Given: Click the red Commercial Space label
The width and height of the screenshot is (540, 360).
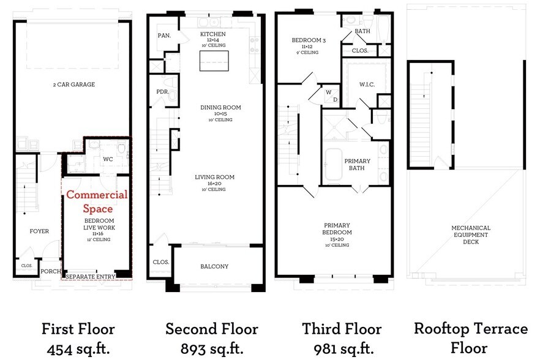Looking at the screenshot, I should click(x=97, y=201).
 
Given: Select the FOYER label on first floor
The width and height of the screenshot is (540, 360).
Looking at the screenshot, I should click(x=39, y=231).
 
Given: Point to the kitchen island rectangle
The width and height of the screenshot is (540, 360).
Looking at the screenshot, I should click(x=214, y=61).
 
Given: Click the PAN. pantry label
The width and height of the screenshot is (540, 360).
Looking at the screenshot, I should click(x=163, y=36).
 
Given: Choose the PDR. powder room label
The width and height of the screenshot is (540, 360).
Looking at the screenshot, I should click(x=162, y=92).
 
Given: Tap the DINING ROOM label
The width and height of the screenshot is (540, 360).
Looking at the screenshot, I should click(x=220, y=108).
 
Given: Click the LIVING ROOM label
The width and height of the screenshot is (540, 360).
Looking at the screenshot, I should click(x=214, y=178).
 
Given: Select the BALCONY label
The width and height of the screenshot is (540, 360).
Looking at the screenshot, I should click(x=214, y=266).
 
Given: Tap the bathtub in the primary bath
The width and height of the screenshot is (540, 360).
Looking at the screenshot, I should click(x=334, y=164).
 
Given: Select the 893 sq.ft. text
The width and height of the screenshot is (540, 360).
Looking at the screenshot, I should click(x=212, y=350).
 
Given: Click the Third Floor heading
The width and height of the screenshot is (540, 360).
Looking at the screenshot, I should click(x=342, y=329).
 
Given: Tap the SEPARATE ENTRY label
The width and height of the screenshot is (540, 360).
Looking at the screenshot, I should click(x=90, y=277).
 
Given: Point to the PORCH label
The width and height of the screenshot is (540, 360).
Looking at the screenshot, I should click(x=50, y=271).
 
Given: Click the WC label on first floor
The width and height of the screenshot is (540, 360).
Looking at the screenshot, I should click(x=108, y=159).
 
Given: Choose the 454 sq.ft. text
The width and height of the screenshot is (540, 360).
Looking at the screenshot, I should click(x=78, y=350).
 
